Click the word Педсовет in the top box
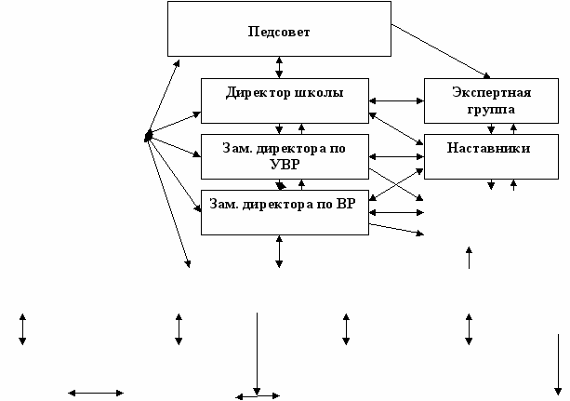point(279,32)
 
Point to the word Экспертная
point(491,93)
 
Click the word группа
point(491,109)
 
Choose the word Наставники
point(488,148)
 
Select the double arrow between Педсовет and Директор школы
point(279,67)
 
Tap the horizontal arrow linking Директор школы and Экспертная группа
point(397,100)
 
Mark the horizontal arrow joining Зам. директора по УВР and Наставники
point(397,156)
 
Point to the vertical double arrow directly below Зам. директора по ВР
point(279,251)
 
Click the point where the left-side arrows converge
point(149,138)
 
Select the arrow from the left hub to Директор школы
point(175,126)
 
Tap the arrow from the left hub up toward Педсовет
point(163,99)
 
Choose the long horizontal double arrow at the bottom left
point(96,393)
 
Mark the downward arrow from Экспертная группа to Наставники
point(491,128)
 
